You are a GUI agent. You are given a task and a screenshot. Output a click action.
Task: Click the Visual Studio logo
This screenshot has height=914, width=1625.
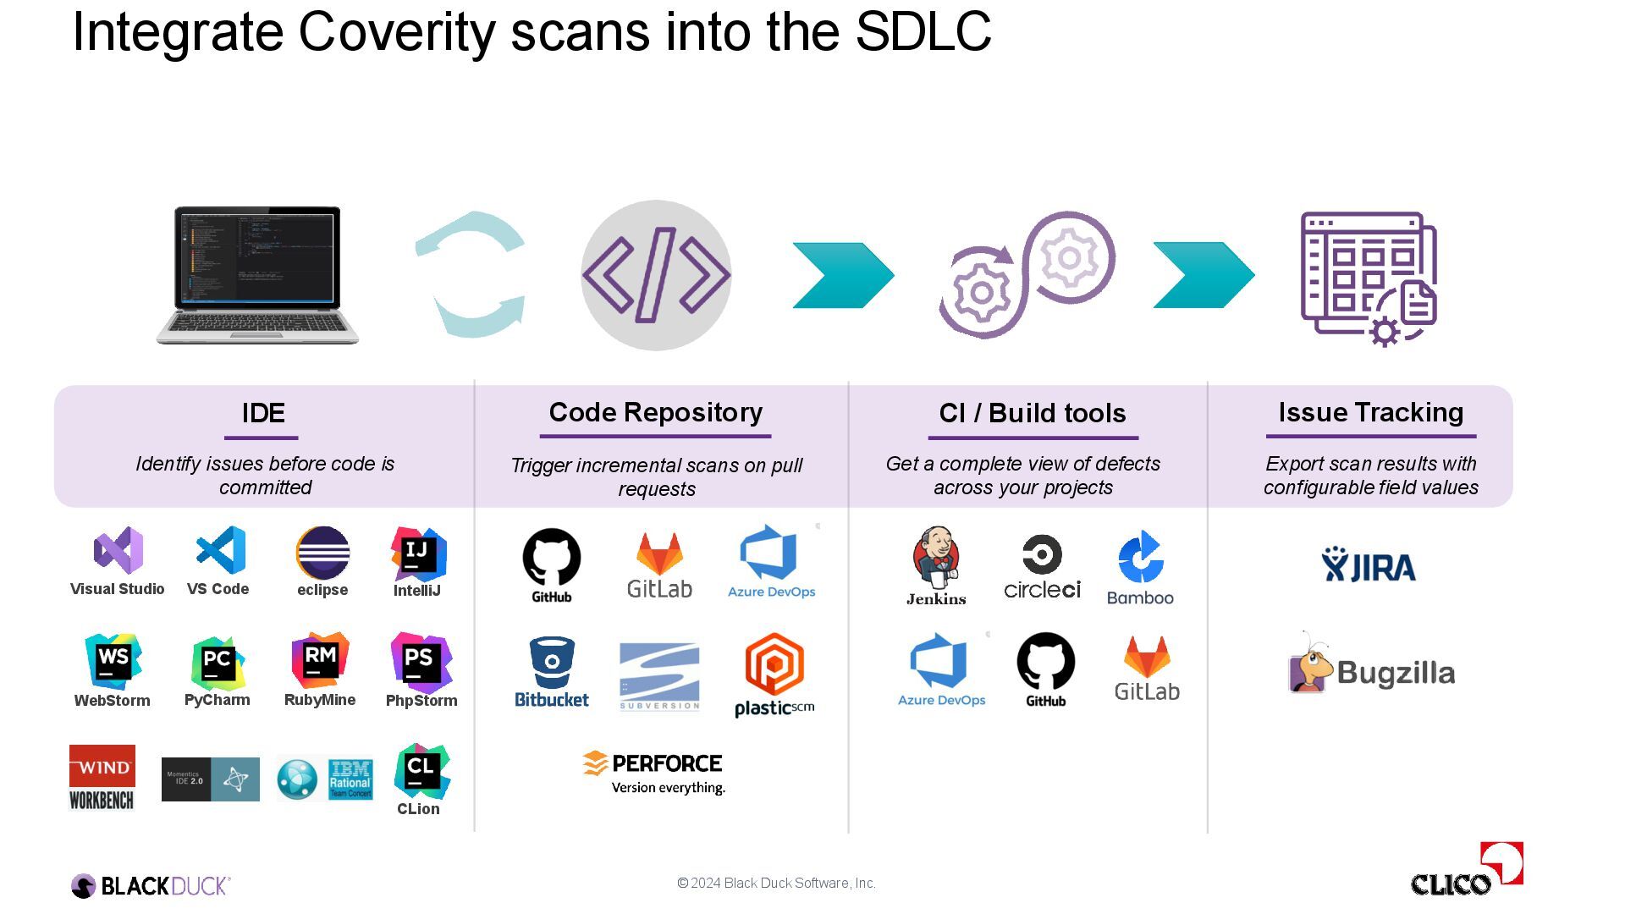[x=118, y=551]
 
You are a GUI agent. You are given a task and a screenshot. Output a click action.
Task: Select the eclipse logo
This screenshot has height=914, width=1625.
[x=322, y=553]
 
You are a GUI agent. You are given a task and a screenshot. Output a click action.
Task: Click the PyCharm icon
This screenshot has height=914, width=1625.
[x=218, y=663]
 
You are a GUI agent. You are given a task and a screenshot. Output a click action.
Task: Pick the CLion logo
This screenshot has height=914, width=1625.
[x=421, y=770]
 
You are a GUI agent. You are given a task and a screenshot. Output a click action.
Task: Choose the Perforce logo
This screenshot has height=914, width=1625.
[x=653, y=773]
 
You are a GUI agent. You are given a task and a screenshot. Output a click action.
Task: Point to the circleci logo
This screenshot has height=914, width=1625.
[x=1042, y=567]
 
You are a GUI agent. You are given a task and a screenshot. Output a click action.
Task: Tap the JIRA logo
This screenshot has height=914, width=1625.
[x=1369, y=565]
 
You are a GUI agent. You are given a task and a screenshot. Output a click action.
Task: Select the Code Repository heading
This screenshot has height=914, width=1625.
[x=656, y=412]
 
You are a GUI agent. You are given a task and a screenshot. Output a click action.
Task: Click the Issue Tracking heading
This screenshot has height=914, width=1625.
[x=1371, y=412]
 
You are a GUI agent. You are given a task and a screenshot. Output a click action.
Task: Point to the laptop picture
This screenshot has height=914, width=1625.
[x=257, y=275]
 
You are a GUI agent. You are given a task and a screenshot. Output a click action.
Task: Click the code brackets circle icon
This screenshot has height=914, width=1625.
[x=656, y=275]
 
